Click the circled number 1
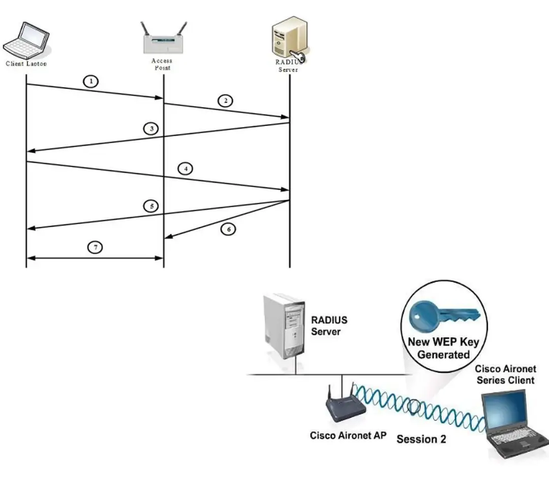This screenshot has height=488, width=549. (x=90, y=81)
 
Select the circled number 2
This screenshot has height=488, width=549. (x=225, y=100)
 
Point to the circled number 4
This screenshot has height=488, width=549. (x=187, y=168)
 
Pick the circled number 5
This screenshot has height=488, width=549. (x=151, y=206)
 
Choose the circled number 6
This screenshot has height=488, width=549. (x=228, y=229)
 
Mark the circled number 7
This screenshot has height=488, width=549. (x=95, y=248)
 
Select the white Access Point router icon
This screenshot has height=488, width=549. (x=163, y=39)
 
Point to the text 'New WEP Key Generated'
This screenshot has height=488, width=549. (x=443, y=348)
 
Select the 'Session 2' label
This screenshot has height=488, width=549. (x=421, y=439)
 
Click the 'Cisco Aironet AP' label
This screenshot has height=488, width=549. (x=348, y=436)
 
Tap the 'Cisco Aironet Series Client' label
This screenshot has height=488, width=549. (x=505, y=375)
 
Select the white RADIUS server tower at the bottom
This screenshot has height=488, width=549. (x=284, y=327)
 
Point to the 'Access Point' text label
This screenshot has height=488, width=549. (x=162, y=64)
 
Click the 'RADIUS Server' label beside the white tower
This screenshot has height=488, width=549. (x=329, y=326)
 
